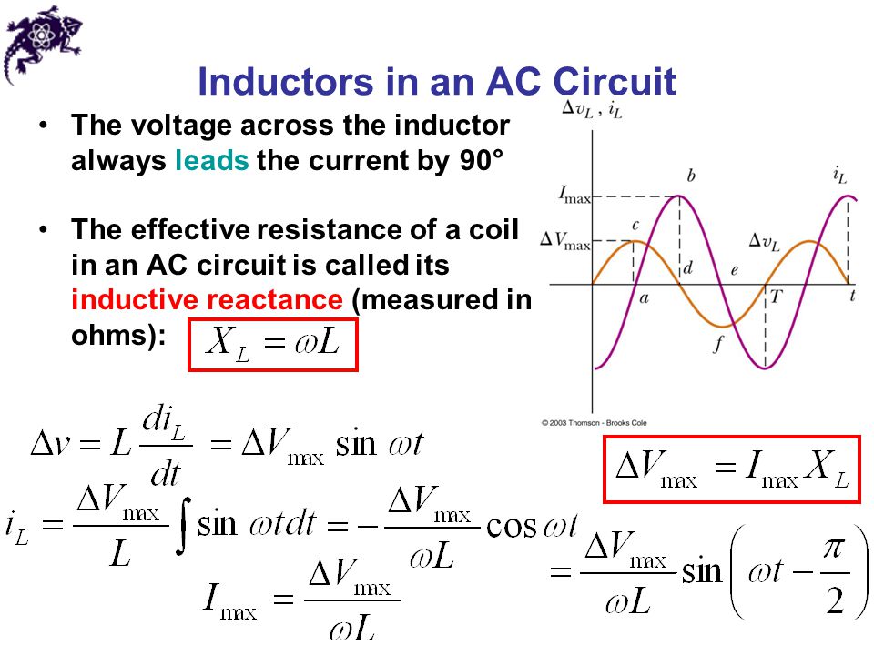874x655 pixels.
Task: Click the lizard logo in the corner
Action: [x=41, y=44]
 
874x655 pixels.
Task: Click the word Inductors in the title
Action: [x=286, y=81]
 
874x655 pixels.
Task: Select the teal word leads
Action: [x=212, y=160]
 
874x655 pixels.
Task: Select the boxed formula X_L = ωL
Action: [x=272, y=345]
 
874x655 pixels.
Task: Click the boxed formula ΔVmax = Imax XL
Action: [x=732, y=469]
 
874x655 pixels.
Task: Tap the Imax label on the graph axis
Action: [x=574, y=196]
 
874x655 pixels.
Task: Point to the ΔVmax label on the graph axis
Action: [x=565, y=241]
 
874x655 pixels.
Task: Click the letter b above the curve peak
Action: [x=691, y=176]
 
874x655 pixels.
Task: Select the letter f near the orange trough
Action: [x=718, y=345]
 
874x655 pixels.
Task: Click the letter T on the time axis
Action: [x=776, y=297]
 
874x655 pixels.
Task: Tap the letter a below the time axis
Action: [x=645, y=299]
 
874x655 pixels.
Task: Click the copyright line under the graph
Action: [x=595, y=423]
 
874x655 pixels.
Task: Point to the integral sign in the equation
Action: [x=183, y=526]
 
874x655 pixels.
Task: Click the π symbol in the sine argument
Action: [x=835, y=549]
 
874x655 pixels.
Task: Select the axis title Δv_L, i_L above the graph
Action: [x=592, y=109]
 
